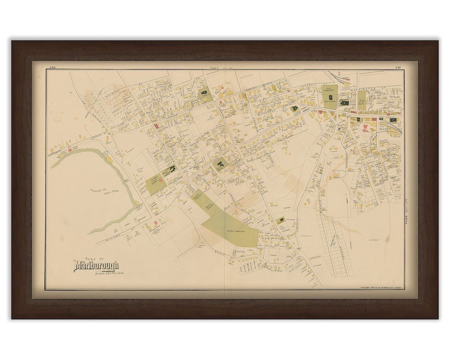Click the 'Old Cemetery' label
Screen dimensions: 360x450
click(331, 89)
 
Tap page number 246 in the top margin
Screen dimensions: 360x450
click(52, 67)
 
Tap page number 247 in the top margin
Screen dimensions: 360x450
click(398, 67)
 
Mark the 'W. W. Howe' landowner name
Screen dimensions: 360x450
click(373, 240)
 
